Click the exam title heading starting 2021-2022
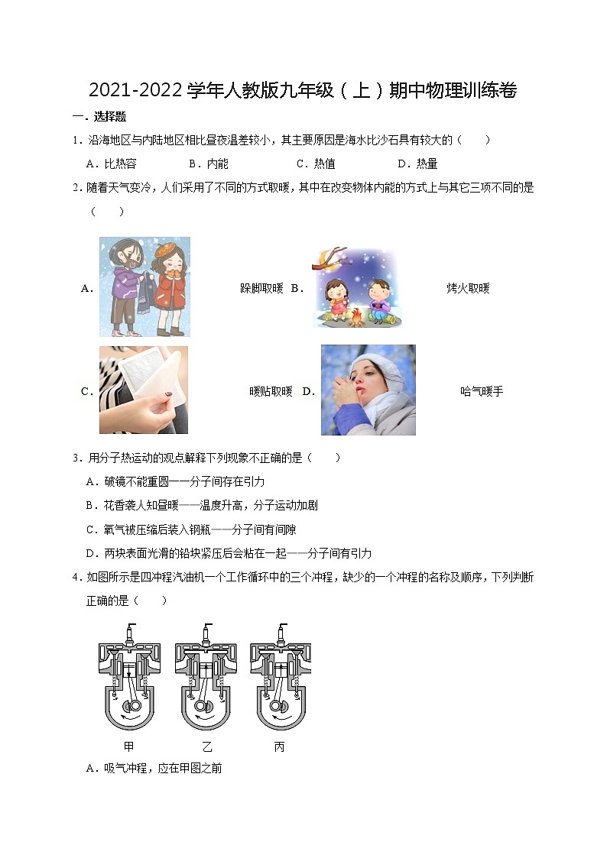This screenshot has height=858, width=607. click(303, 91)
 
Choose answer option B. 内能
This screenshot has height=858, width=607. click(208, 164)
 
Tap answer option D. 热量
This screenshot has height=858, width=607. click(417, 164)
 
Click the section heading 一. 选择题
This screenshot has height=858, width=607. click(99, 117)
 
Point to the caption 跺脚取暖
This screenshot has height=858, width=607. click(261, 288)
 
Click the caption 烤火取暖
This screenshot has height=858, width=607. click(468, 288)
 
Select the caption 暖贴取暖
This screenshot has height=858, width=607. click(271, 391)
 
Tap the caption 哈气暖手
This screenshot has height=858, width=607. click(482, 391)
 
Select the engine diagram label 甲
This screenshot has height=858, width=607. click(128, 746)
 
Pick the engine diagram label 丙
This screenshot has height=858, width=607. click(280, 746)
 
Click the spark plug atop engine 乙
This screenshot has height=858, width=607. click(205, 631)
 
